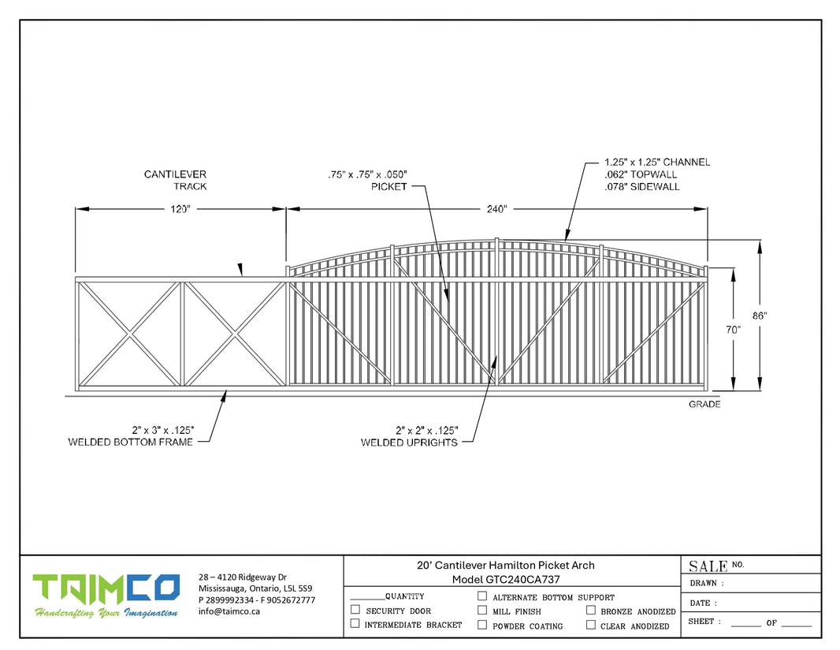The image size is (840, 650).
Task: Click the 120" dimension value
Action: point(180,209)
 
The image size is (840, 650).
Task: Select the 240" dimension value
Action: point(496,209)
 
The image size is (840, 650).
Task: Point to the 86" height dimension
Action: point(759,316)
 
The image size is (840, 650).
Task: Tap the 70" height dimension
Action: point(733,330)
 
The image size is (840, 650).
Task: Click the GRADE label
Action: point(704,405)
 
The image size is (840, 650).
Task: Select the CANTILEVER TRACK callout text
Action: point(175,180)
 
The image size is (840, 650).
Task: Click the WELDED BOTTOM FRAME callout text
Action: point(131,442)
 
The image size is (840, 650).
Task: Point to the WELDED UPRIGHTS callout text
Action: point(409,443)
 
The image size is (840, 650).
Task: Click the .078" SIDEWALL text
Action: point(641,187)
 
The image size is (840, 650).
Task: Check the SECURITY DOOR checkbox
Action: point(355,610)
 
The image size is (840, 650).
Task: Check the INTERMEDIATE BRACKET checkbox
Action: point(355,624)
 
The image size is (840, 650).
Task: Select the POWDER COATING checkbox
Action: point(482,625)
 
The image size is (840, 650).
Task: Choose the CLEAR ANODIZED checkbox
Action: point(590,625)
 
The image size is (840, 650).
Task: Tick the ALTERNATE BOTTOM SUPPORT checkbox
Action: point(482,596)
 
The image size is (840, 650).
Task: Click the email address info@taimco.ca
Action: point(229,611)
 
